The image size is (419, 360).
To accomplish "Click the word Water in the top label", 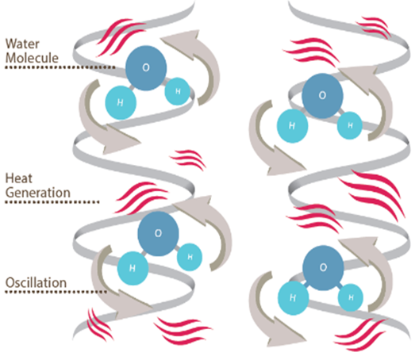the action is point(22,44).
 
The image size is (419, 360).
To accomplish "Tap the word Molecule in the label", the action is point(32,58).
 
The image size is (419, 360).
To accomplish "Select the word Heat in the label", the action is point(19,178).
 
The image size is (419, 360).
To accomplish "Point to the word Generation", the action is point(38,193).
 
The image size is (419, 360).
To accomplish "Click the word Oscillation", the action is point(36,282).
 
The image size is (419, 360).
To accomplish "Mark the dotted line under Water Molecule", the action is point(60,67).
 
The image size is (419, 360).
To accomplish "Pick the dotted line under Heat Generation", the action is point(52,202).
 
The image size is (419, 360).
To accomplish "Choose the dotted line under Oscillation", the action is point(56,292).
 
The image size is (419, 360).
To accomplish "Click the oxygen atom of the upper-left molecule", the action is point(146,68).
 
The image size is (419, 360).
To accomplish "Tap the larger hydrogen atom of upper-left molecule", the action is point(121,102).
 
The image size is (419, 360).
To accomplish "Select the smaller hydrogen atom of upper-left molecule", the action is point(178,91).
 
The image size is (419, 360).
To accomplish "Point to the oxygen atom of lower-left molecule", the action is point(158,234).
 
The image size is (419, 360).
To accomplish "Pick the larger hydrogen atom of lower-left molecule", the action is point(133,268).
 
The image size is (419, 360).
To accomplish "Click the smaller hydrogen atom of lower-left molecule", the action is point(190,257).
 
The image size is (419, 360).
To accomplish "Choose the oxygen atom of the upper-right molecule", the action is point(322,96).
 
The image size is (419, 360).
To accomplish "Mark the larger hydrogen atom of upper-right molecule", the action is point(292,126).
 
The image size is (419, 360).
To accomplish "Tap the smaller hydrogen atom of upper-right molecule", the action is point(350,125).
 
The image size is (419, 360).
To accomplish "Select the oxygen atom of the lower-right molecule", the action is point(323,267).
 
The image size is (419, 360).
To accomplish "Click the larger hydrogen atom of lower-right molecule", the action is point(294,298).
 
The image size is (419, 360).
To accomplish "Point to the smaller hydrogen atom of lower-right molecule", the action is point(351,297).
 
